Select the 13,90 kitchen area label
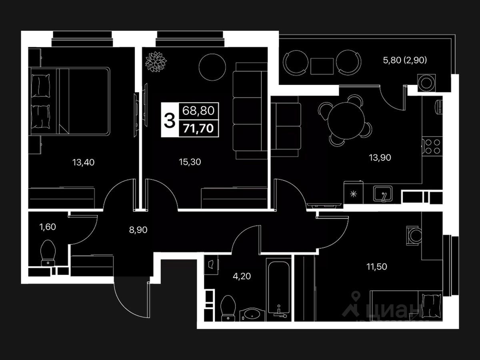click(380, 157)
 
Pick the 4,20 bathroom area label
click(242, 276)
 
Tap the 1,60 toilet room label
click(48, 227)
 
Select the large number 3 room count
click(170, 120)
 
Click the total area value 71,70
click(198, 128)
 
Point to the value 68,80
click(198, 110)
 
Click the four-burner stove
click(432, 146)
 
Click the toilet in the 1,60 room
click(48, 252)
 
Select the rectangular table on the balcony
click(322, 66)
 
